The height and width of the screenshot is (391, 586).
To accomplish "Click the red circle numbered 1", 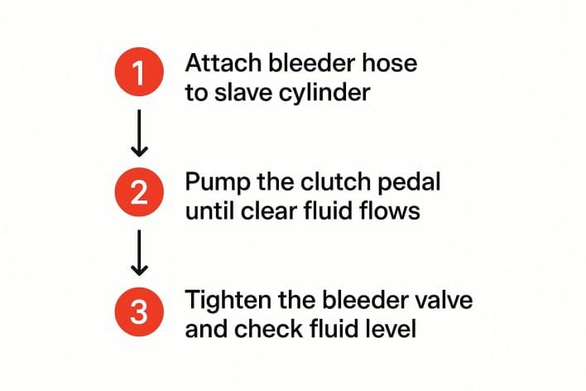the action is coord(139,71).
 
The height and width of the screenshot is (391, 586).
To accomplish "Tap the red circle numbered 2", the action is coord(139,192).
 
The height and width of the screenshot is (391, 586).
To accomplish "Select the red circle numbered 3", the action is coord(139,311).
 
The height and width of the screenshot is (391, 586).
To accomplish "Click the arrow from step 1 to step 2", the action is coord(139,133).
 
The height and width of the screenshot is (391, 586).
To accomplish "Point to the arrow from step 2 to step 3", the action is coord(139,253).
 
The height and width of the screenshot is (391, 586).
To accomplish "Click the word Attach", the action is coord(223,63).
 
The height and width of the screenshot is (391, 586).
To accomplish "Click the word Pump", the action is coord(218,183).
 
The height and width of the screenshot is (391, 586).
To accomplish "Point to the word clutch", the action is coord(335,181).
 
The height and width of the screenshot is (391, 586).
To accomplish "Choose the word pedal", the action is coord(409,183).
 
